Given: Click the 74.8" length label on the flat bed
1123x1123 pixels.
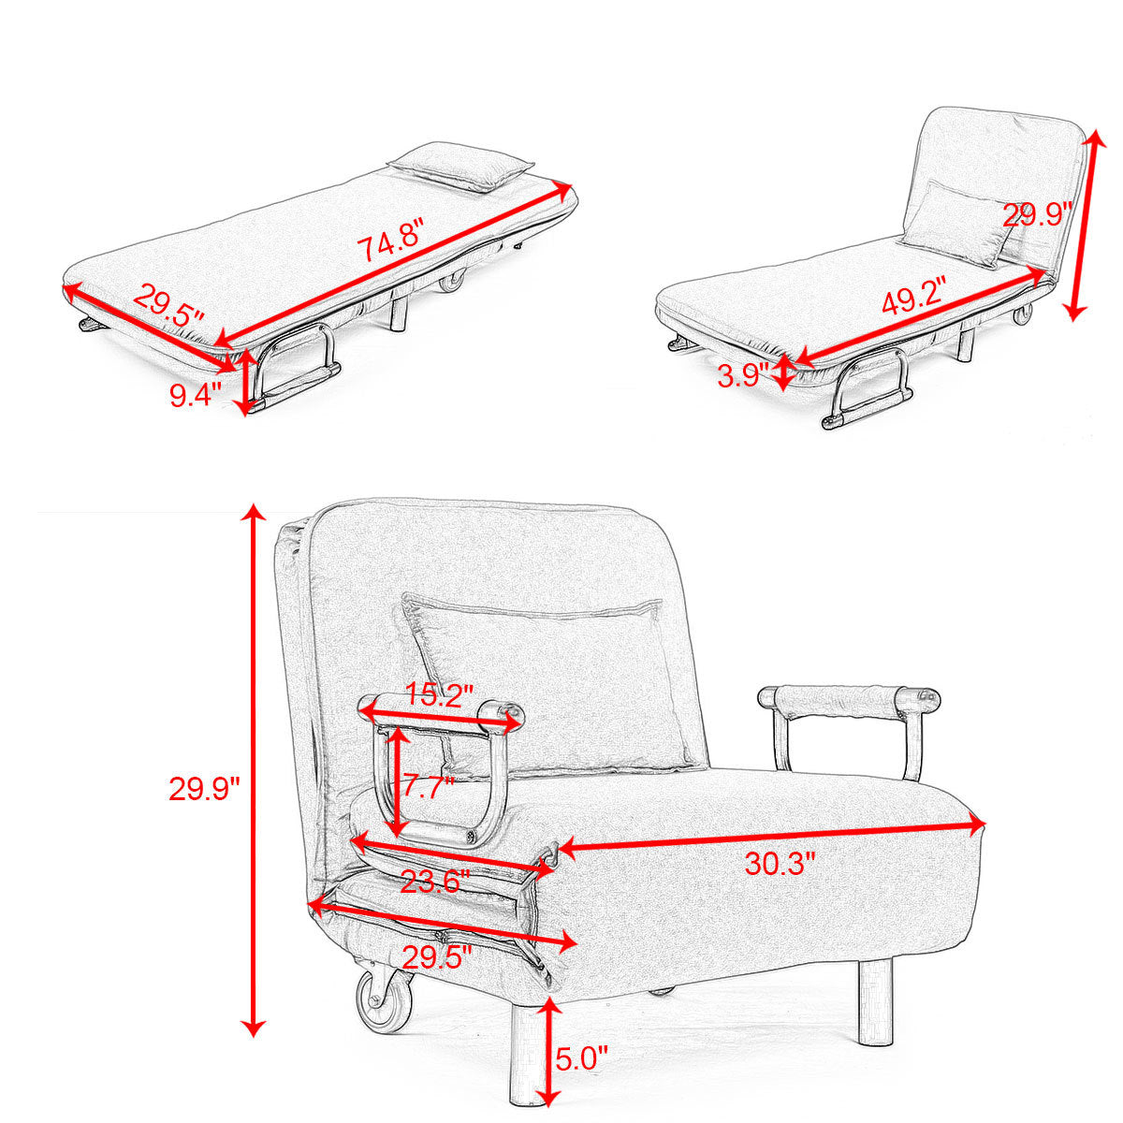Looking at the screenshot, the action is pos(390,247).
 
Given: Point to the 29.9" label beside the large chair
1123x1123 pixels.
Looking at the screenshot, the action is pos(204,790).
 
